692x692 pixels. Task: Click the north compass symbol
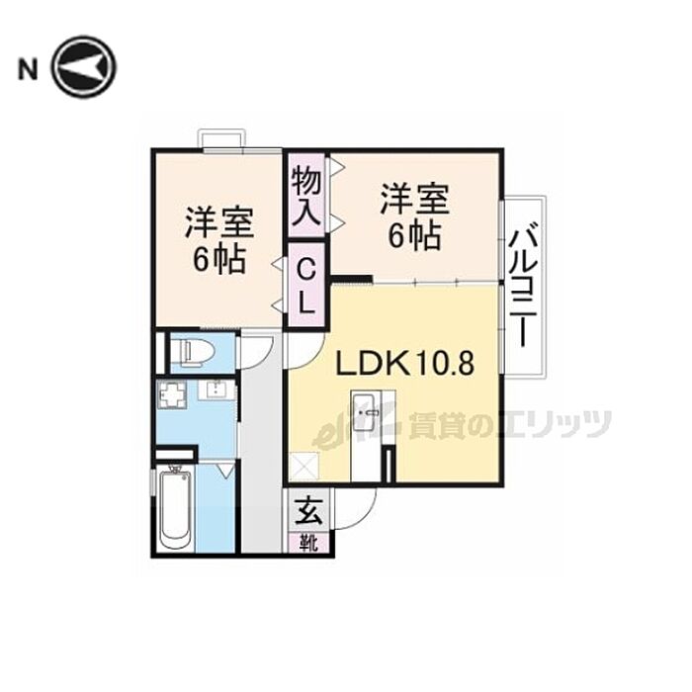(84, 67)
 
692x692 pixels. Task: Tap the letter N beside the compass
(28, 70)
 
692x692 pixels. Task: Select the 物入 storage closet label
(306, 196)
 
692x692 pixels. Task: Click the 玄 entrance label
(308, 510)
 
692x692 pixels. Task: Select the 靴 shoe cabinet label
(308, 543)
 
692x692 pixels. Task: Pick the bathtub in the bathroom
(175, 509)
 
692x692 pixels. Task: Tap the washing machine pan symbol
(173, 395)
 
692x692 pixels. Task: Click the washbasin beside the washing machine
(216, 390)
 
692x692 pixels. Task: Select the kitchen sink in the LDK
(364, 412)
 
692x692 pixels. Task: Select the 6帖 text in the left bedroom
(218, 259)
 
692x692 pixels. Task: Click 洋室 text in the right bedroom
(415, 199)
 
